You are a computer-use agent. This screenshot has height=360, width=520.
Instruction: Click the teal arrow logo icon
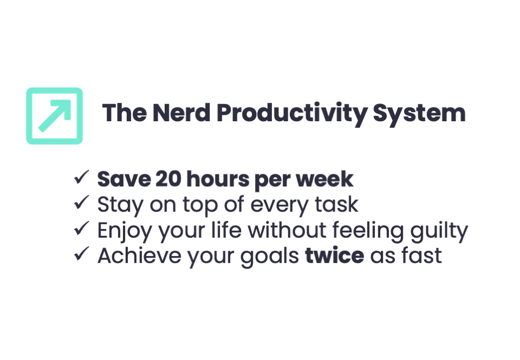pyautogui.click(x=54, y=116)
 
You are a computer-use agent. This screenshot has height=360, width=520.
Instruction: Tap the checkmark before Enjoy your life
pyautogui.click(x=82, y=229)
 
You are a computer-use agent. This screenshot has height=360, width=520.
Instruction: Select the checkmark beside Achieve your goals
pyautogui.click(x=82, y=254)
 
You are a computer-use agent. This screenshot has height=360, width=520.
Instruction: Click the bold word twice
pyautogui.click(x=334, y=256)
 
